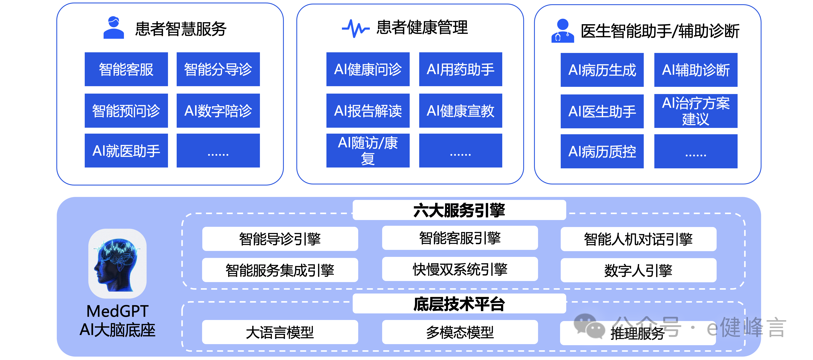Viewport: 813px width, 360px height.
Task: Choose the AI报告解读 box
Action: (368, 110)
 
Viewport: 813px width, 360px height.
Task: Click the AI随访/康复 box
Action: (368, 151)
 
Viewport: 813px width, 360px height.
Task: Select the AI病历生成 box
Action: (602, 70)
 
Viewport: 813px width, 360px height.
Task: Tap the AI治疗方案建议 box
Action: (696, 111)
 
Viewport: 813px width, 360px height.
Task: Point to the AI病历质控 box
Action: (602, 151)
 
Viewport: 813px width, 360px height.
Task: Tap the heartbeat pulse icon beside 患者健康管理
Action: (355, 28)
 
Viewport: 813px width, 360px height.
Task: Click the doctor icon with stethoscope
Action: (562, 31)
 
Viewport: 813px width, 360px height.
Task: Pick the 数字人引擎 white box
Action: (638, 270)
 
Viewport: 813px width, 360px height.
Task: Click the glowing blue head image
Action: (117, 263)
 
